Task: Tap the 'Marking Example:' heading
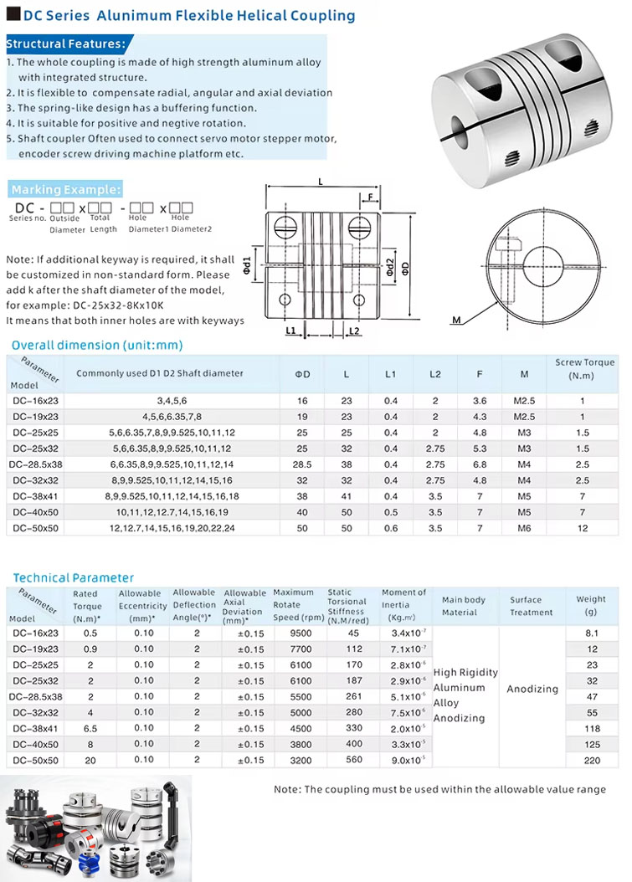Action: (66, 189)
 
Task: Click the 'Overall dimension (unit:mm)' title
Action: (96, 345)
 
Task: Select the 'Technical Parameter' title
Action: (73, 577)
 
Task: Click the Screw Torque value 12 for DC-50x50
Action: (583, 529)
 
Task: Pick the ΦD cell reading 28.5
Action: (302, 464)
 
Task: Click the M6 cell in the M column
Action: (523, 529)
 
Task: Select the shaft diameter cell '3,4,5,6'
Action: (159, 401)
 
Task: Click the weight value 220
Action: (592, 761)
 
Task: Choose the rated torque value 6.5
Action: (90, 729)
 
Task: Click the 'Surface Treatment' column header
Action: (532, 606)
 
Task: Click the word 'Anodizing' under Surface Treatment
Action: (532, 689)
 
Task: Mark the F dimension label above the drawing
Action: (370, 198)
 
